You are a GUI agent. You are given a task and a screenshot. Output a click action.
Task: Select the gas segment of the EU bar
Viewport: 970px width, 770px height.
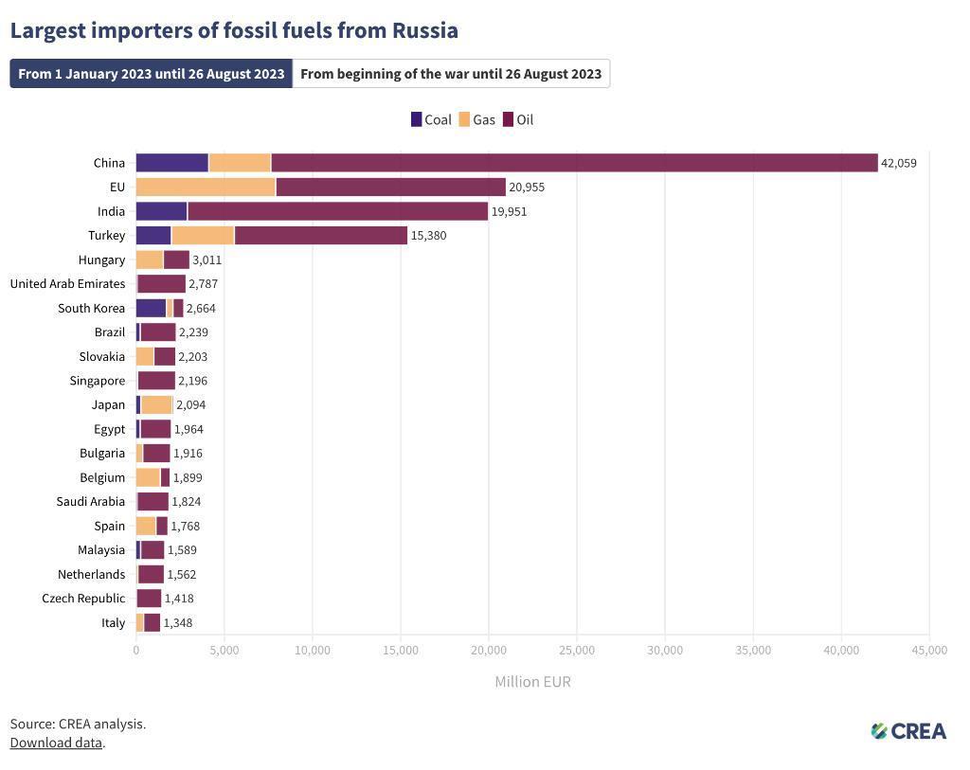coord(206,187)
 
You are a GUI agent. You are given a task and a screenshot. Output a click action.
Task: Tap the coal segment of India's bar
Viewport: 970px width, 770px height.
coord(161,211)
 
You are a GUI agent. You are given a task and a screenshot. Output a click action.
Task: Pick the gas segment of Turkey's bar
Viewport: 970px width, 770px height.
coord(203,235)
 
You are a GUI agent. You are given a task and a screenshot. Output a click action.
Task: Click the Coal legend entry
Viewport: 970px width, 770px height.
coord(431,119)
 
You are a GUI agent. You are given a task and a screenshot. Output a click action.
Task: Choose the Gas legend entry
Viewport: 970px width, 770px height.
coord(476,119)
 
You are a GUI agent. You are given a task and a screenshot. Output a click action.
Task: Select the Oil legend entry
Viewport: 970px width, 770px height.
coord(518,119)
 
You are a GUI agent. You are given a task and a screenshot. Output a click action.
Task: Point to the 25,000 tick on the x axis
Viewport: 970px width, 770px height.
coord(577,650)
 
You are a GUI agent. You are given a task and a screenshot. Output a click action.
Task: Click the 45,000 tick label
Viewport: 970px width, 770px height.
coord(929,650)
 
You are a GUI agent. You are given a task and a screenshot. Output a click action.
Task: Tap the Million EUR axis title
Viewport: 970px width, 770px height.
coord(532,682)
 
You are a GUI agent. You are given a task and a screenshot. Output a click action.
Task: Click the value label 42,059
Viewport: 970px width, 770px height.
coord(899,163)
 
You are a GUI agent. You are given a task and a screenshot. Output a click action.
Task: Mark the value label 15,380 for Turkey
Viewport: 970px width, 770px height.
coord(428,235)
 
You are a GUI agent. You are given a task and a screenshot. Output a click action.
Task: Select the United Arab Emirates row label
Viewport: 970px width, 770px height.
coord(67,283)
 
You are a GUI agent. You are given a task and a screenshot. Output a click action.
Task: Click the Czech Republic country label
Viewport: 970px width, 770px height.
coord(83,598)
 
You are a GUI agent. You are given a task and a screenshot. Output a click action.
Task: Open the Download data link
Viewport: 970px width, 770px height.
coord(56,743)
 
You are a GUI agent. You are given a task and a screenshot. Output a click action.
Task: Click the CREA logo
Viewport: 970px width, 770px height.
coord(908,730)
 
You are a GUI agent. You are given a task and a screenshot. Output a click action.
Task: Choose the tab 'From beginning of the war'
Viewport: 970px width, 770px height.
coord(451,74)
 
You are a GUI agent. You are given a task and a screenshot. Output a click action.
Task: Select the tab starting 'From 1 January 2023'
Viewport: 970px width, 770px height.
coord(152,74)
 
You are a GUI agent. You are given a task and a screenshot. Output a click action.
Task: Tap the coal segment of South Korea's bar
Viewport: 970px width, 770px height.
coord(151,308)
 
